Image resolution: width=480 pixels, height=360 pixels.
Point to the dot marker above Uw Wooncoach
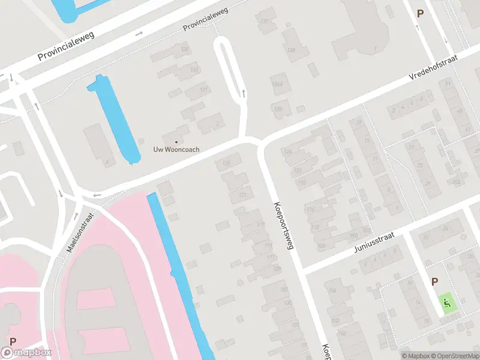[x=175, y=141]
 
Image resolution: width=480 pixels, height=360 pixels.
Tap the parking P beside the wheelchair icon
[x=435, y=281]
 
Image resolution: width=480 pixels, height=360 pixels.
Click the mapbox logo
[x=26, y=353]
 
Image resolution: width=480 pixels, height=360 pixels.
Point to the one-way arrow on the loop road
[x=243, y=93]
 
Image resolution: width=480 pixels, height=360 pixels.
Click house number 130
[x=263, y=22]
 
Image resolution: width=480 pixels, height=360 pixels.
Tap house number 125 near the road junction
[x=226, y=163]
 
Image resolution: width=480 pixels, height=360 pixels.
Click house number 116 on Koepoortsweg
[x=310, y=209]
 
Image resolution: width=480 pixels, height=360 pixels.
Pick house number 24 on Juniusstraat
[x=445, y=229]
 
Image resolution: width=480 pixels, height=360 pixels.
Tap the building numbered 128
[x=291, y=50]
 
